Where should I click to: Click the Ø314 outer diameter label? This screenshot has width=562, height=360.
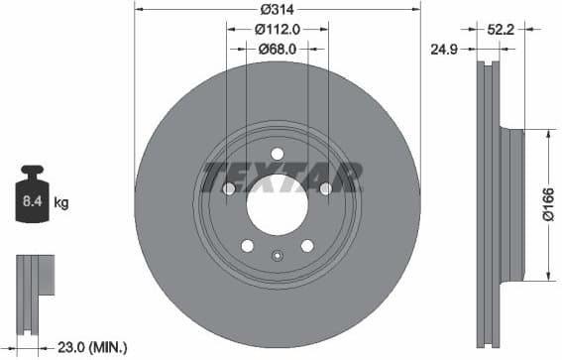[278, 10]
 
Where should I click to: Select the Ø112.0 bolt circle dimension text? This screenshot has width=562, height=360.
[278, 29]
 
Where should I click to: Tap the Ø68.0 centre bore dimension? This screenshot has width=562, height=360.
[278, 48]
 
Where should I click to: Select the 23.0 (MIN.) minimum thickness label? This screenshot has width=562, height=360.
[93, 346]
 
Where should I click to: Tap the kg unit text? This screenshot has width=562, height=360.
[61, 203]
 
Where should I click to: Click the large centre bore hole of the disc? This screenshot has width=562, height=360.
[277, 204]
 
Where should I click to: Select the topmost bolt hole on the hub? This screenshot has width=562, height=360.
[278, 153]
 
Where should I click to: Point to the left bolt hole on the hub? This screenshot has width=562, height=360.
[229, 188]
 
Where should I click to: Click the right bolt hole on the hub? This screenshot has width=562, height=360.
[326, 188]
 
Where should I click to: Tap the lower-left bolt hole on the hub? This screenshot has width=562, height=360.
[247, 245]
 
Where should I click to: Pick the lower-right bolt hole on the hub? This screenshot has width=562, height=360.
[307, 245]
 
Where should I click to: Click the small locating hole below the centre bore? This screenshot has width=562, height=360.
[278, 256]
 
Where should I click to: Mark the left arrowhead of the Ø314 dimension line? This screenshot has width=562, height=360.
[138, 10]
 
